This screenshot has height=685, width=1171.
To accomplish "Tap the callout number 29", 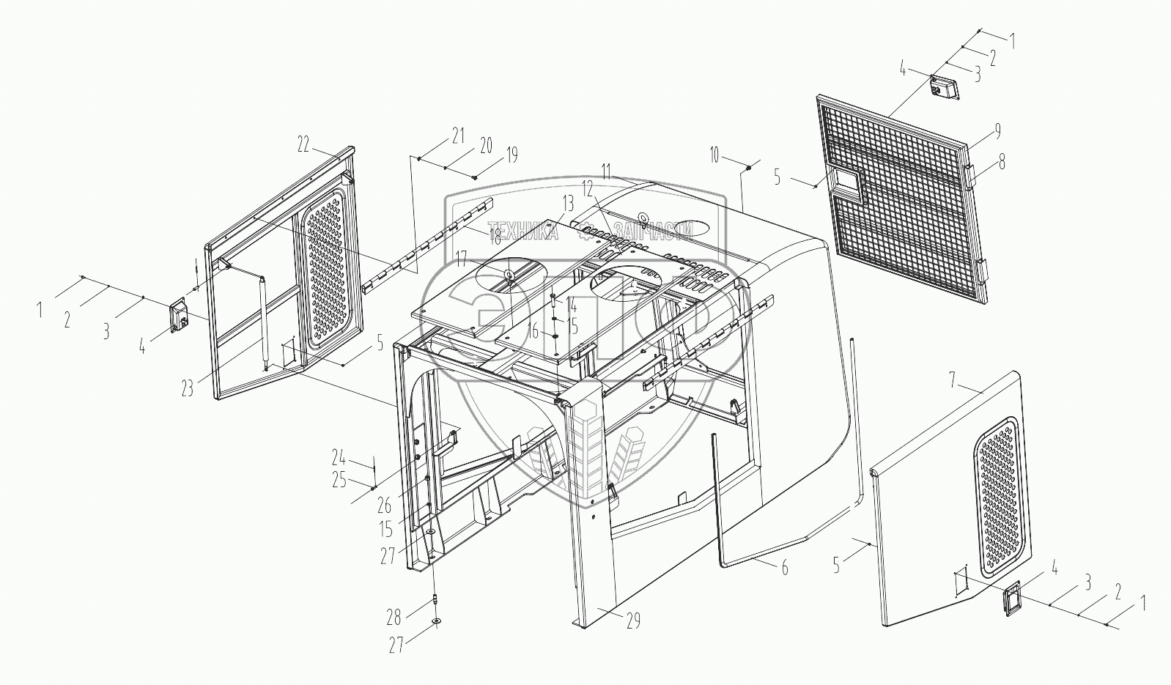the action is [633, 621].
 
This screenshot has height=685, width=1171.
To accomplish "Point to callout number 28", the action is [394, 618].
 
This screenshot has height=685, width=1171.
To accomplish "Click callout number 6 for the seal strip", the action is [784, 567].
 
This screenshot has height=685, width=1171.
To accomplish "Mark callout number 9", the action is [997, 131].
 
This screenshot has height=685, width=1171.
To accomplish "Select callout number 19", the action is [511, 155].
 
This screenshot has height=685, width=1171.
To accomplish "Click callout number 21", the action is [458, 135].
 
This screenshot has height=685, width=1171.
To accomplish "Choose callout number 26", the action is [385, 505].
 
